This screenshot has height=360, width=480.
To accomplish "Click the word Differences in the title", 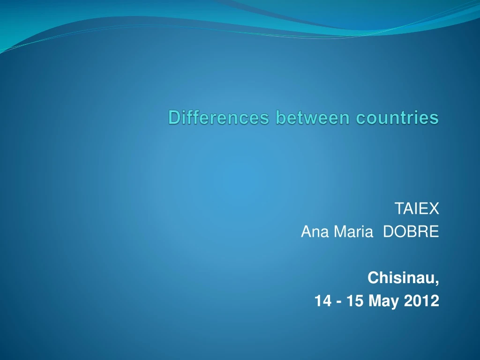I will pos(219,118).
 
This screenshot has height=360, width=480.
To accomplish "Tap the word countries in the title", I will pos(397,118).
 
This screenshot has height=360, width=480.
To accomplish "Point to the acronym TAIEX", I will pos(417,209).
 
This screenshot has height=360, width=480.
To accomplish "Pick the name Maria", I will pos(350,232).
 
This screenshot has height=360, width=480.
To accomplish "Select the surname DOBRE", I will pos(411,232).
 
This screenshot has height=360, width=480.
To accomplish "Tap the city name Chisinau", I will pos(402,278).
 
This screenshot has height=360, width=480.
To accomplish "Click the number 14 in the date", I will pos(322,301).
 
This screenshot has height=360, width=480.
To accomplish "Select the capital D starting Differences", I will pos(174,118).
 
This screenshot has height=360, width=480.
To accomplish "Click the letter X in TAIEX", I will pos(435,209).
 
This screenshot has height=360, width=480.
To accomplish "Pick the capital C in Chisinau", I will pos(373,278).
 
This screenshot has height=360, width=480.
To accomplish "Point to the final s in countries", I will pos(435,119).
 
